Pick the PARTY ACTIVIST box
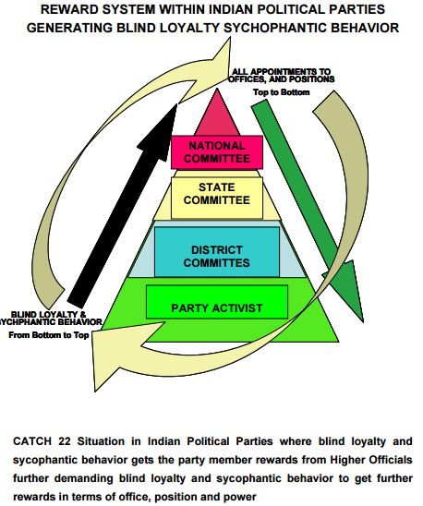click(x=217, y=307)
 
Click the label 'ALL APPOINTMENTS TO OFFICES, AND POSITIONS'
click(x=283, y=75)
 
